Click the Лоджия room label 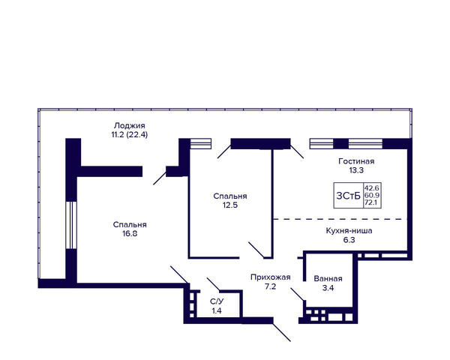130,126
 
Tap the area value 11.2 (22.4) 130,134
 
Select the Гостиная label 356,161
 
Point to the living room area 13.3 356,170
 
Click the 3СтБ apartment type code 349,196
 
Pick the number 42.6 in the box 372,188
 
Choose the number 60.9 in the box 372,195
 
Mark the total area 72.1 372,202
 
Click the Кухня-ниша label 349,231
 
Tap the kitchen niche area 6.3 349,240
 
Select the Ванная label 328,279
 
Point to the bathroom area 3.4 328,288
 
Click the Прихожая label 271,277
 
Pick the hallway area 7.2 271,286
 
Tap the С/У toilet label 217,301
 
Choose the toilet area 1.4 217,310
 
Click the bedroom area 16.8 130,234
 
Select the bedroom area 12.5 230,205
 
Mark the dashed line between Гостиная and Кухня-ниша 340,219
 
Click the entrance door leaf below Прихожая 282,332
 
